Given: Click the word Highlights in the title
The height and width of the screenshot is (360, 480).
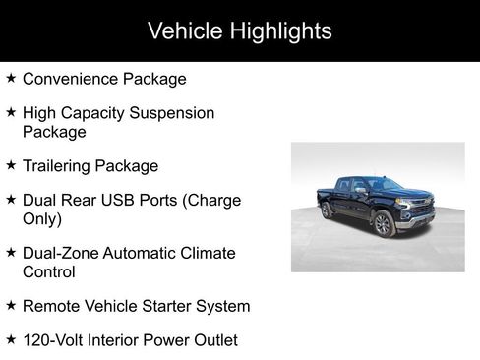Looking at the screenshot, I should click(x=282, y=30).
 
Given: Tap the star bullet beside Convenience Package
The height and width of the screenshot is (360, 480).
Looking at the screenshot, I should click(x=11, y=78).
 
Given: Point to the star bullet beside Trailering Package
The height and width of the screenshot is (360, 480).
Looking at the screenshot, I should click(x=11, y=165).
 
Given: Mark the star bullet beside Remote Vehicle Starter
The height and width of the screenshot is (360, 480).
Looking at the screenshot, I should click(x=11, y=305).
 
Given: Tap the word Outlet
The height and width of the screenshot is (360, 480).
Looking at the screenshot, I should click(x=213, y=340).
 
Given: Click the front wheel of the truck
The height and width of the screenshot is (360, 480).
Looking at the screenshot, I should click(x=384, y=225).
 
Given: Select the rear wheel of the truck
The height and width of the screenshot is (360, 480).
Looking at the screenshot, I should click(x=327, y=210).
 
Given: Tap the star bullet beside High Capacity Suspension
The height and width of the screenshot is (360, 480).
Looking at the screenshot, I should click(x=11, y=112).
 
